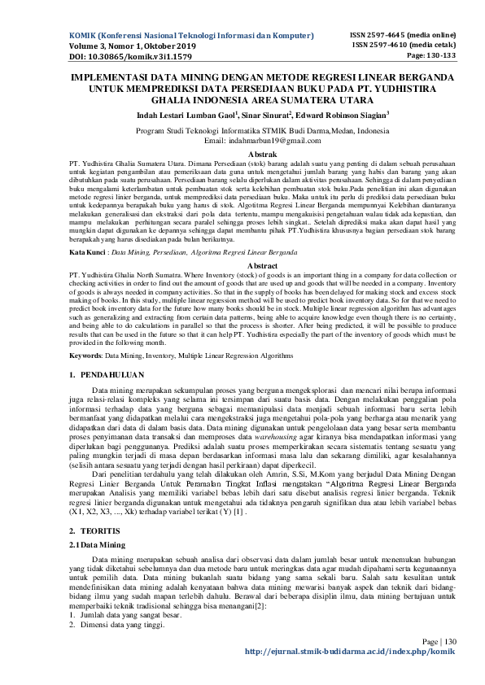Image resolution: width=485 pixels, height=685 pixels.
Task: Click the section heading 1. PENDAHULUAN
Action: coord(107,375)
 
